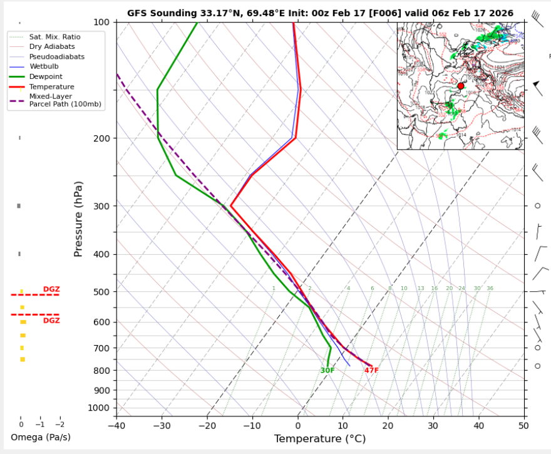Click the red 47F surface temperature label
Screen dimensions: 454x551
coord(371,371)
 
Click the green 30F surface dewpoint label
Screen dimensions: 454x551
coord(327,371)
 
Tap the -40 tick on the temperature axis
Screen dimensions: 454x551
coord(116,426)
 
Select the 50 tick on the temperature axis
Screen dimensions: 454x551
coord(523,426)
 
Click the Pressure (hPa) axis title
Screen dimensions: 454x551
coord(78,219)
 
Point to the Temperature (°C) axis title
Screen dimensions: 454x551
coord(319,439)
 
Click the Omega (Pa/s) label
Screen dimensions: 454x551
coord(41,437)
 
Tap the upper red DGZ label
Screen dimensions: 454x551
coord(51,289)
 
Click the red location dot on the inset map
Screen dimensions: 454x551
coord(461,86)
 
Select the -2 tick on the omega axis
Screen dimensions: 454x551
coord(60,424)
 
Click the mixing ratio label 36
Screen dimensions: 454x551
coord(490,289)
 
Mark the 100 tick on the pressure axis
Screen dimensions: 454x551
coord(103,23)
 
